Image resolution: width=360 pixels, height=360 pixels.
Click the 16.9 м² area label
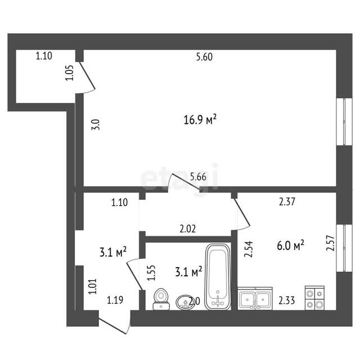coord(200,120)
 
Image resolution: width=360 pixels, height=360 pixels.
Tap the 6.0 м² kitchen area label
coord(290,246)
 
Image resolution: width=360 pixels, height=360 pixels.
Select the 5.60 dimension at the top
coord(204,57)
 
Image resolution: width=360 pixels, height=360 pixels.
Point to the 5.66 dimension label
coord(198,177)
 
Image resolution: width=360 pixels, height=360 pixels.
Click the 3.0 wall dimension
coord(96,125)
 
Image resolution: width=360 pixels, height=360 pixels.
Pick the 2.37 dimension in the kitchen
coord(287,202)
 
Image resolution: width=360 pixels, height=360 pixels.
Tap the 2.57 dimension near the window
coord(330,243)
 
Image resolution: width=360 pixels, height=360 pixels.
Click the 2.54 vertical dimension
coord(249,249)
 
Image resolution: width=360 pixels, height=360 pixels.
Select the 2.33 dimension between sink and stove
coord(287,300)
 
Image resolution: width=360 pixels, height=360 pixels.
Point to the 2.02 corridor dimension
coord(187,229)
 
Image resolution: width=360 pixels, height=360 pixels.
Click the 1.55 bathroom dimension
coord(151,273)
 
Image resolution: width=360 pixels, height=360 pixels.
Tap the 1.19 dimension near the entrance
coord(115,300)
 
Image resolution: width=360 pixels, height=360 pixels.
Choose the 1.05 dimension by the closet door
coord(69,73)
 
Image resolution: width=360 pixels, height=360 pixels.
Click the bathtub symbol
coord(218,277)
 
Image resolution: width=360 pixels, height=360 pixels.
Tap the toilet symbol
coord(161,299)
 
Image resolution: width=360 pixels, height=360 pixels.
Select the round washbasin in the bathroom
coord(185,303)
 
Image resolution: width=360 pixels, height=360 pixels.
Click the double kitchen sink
coord(255,298)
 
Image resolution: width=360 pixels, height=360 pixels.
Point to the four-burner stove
coord(314,298)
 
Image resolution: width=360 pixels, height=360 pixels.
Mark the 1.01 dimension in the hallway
coord(92,286)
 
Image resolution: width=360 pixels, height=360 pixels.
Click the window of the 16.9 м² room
coord(344,121)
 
